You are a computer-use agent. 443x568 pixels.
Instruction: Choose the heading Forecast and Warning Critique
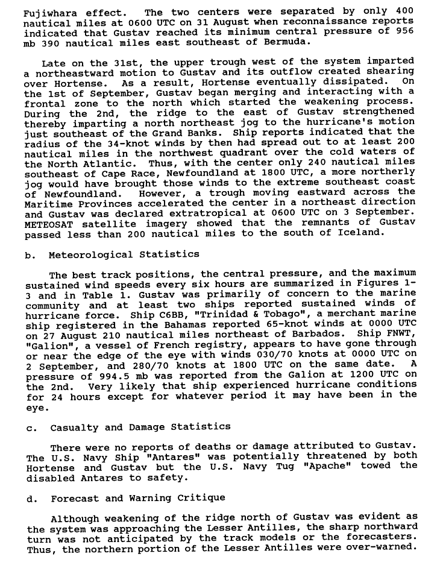tap(138, 499)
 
